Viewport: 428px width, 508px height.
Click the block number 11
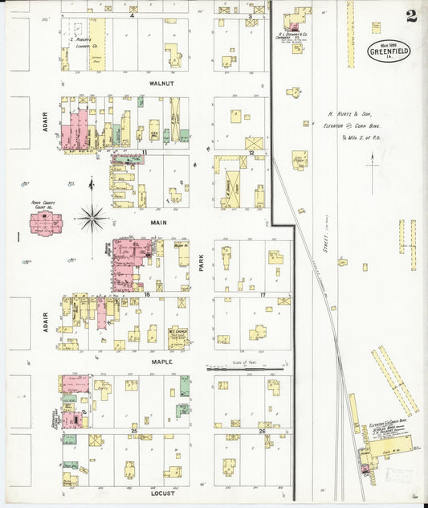[145, 151]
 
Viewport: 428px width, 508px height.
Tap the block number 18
[147, 295]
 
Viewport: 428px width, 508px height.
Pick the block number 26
[262, 432]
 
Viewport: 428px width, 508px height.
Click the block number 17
[263, 295]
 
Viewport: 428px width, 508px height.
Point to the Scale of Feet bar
[246, 369]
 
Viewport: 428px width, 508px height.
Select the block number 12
[251, 152]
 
